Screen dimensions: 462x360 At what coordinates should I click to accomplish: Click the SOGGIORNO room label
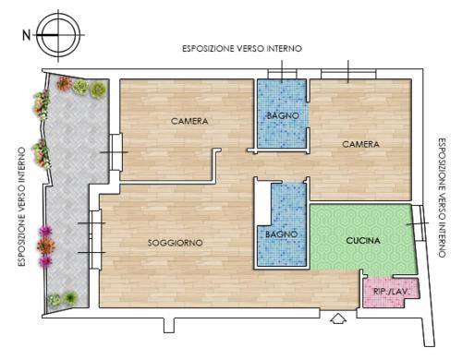click(x=176, y=243)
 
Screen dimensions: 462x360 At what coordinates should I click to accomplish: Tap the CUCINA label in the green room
click(x=363, y=241)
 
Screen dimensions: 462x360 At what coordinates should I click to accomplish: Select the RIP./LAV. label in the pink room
click(x=391, y=292)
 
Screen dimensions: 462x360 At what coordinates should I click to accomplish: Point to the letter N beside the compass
click(x=27, y=35)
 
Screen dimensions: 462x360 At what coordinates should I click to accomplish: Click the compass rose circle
click(x=58, y=35)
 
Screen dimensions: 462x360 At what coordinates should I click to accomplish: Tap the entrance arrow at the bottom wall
click(x=338, y=318)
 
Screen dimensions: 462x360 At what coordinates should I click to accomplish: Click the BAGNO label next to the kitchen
click(x=282, y=234)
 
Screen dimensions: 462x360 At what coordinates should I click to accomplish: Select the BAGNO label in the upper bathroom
click(x=283, y=115)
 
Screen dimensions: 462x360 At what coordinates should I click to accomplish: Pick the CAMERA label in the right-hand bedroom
click(x=361, y=144)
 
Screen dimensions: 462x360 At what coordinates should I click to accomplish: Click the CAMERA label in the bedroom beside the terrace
click(x=189, y=121)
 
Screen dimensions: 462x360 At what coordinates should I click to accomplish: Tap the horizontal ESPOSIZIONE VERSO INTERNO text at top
click(x=242, y=49)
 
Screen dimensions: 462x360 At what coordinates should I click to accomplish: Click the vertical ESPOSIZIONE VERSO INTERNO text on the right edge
click(x=442, y=198)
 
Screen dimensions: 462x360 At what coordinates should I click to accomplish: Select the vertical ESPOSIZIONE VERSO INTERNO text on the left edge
click(x=21, y=207)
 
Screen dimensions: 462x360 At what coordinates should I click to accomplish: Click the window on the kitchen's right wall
click(x=419, y=223)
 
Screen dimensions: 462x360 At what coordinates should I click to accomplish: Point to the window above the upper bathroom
click(x=282, y=74)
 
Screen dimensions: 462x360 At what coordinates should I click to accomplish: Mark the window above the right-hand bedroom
click(x=348, y=74)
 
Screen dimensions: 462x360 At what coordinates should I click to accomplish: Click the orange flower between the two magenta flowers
click(x=46, y=246)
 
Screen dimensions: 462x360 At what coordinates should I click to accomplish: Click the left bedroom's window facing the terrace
click(x=116, y=152)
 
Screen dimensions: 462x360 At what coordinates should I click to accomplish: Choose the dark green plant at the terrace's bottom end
click(x=71, y=297)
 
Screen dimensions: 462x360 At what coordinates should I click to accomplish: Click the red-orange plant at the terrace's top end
click(x=65, y=83)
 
